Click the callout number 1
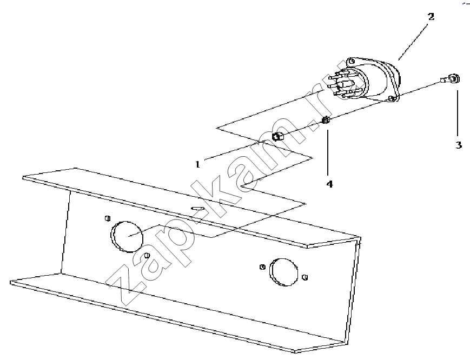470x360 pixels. pyautogui.click(x=197, y=164)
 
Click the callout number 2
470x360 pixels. pyautogui.click(x=431, y=16)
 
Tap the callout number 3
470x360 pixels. pyautogui.click(x=459, y=145)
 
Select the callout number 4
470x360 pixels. pyautogui.click(x=329, y=184)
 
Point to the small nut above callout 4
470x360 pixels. pyautogui.click(x=326, y=121)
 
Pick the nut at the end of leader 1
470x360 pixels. pyautogui.click(x=277, y=137)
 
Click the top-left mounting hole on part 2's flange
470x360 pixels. pyautogui.click(x=352, y=62)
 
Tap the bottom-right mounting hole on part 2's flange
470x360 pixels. pyautogui.click(x=391, y=98)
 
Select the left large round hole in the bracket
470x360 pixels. pyautogui.click(x=127, y=237)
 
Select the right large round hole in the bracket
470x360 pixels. pyautogui.click(x=284, y=272)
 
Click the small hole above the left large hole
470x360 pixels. pyautogui.click(x=108, y=218)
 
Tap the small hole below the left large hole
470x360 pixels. pyautogui.click(x=147, y=255)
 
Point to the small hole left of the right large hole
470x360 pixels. pyautogui.click(x=262, y=266)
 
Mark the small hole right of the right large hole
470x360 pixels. pyautogui.click(x=305, y=277)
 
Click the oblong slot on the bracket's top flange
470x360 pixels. pyautogui.click(x=198, y=208)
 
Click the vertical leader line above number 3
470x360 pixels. pyautogui.click(x=458, y=114)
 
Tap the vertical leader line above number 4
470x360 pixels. pyautogui.click(x=328, y=153)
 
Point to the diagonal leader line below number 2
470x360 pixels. pyautogui.click(x=413, y=43)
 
